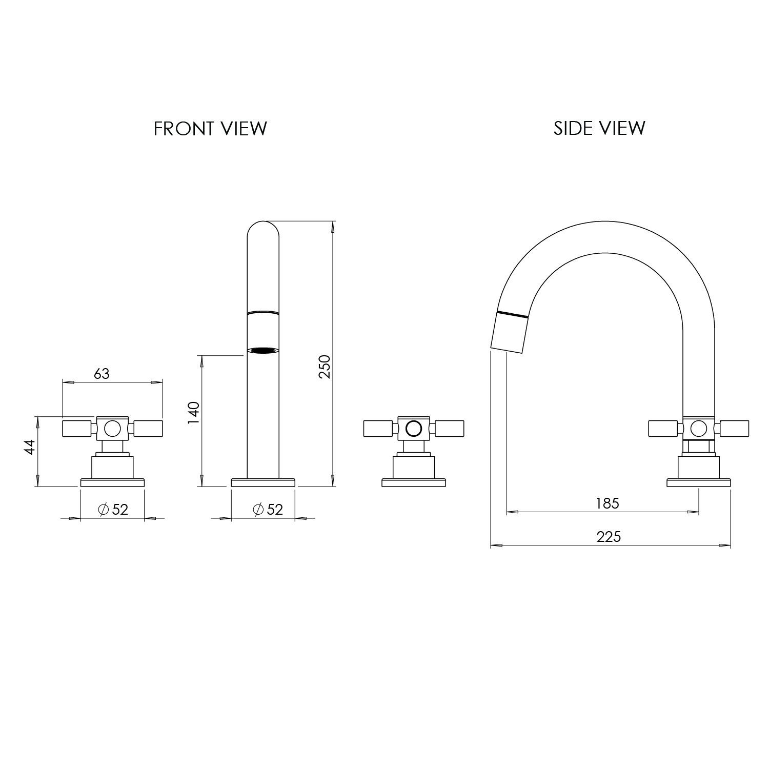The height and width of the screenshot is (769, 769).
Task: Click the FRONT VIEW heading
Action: click(210, 128)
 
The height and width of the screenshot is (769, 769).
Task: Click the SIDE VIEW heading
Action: click(599, 128)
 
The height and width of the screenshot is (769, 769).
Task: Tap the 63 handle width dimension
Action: click(102, 374)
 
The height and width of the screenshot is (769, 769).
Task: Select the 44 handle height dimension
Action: click(30, 447)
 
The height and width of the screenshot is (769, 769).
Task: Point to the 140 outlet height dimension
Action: click(193, 412)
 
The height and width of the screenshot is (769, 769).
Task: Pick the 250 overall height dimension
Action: click(325, 367)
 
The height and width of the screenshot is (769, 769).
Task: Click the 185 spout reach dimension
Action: click(608, 503)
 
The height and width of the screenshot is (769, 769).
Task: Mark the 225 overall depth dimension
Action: click(609, 537)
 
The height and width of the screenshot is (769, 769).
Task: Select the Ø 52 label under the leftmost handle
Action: click(113, 510)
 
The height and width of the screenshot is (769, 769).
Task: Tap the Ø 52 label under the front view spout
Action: click(268, 510)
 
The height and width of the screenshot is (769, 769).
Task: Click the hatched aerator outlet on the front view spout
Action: click(263, 351)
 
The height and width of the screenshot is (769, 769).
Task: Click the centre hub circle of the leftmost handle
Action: click(112, 428)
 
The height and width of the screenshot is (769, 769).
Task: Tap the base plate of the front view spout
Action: click(263, 482)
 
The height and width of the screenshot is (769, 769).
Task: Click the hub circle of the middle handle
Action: click(413, 428)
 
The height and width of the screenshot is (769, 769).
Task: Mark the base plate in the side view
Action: click(698, 482)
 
